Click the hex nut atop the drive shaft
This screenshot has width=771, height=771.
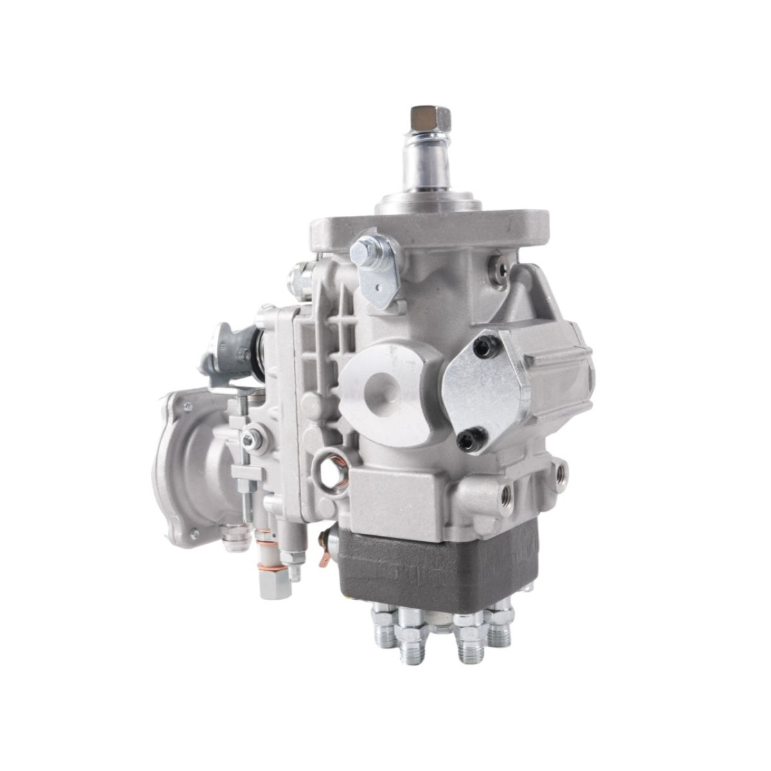(421, 117)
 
